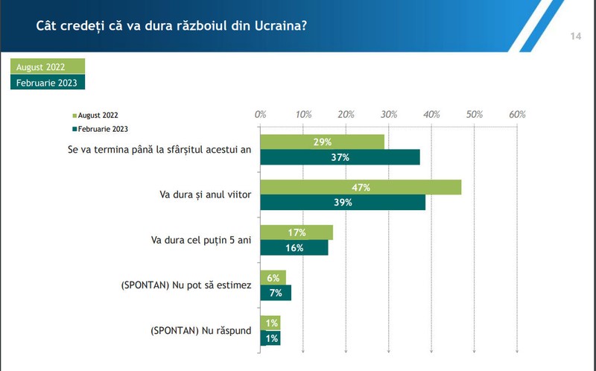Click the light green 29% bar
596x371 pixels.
(323, 142)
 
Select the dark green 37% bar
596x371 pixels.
(340, 157)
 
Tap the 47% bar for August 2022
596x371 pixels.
(361, 187)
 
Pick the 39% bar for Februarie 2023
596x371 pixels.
(343, 202)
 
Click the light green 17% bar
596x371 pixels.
(297, 232)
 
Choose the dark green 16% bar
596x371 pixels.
(294, 247)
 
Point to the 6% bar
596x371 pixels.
(273, 277)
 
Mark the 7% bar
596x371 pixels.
(276, 293)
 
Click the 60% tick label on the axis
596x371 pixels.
(517, 115)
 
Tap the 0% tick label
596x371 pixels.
(260, 115)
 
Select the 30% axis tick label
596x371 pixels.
(389, 115)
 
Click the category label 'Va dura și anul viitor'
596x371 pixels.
(206, 194)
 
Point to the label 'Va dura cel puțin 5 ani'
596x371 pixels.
(201, 240)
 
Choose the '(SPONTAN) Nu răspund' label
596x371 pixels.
(200, 331)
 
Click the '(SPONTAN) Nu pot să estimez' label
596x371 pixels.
(186, 285)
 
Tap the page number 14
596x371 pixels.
(575, 36)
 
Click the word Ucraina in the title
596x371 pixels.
(281, 26)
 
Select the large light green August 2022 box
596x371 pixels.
(48, 66)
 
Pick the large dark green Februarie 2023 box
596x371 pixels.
(48, 82)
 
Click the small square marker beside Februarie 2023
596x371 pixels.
(74, 129)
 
